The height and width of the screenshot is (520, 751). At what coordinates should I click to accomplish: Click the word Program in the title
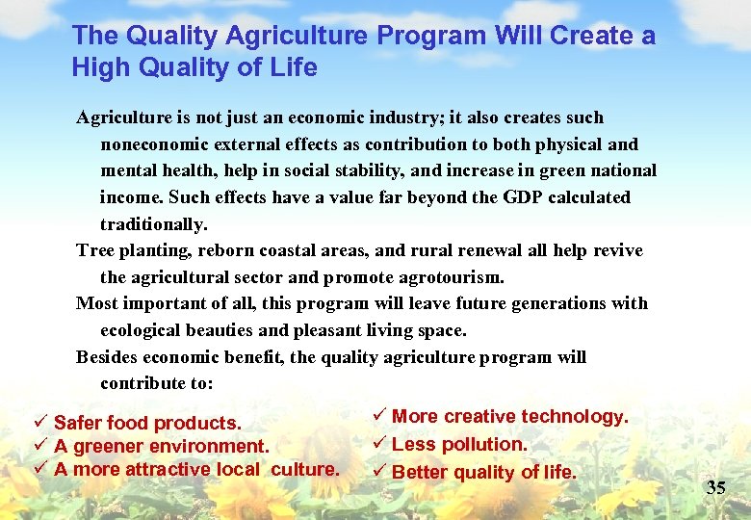click(x=430, y=37)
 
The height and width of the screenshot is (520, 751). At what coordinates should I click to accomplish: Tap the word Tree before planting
click(x=94, y=250)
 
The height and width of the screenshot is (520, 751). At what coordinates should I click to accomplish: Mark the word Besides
click(x=107, y=357)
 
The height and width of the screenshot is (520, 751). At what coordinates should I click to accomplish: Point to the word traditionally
click(x=153, y=224)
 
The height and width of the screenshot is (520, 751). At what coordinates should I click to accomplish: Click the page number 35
click(x=715, y=487)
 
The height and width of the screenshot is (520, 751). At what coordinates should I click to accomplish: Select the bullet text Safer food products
click(x=147, y=424)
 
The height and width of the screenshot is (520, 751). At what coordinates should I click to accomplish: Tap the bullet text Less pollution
click(x=459, y=445)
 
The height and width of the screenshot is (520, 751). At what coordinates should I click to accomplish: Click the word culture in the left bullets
click(x=305, y=470)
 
